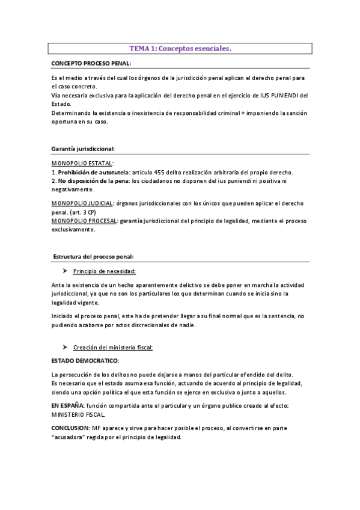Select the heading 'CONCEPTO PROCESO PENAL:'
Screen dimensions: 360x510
coord(90,63)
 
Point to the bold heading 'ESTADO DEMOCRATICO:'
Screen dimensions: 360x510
coord(85,360)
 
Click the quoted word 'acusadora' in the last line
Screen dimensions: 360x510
coord(74,437)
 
